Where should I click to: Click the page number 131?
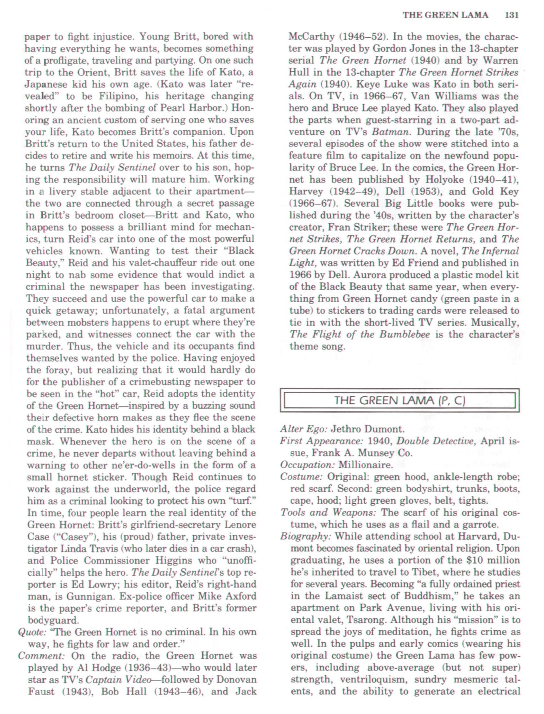point(512,15)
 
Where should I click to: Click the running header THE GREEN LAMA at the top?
point(445,15)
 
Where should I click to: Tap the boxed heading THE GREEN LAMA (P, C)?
point(400,401)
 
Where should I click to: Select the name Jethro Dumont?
point(368,429)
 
